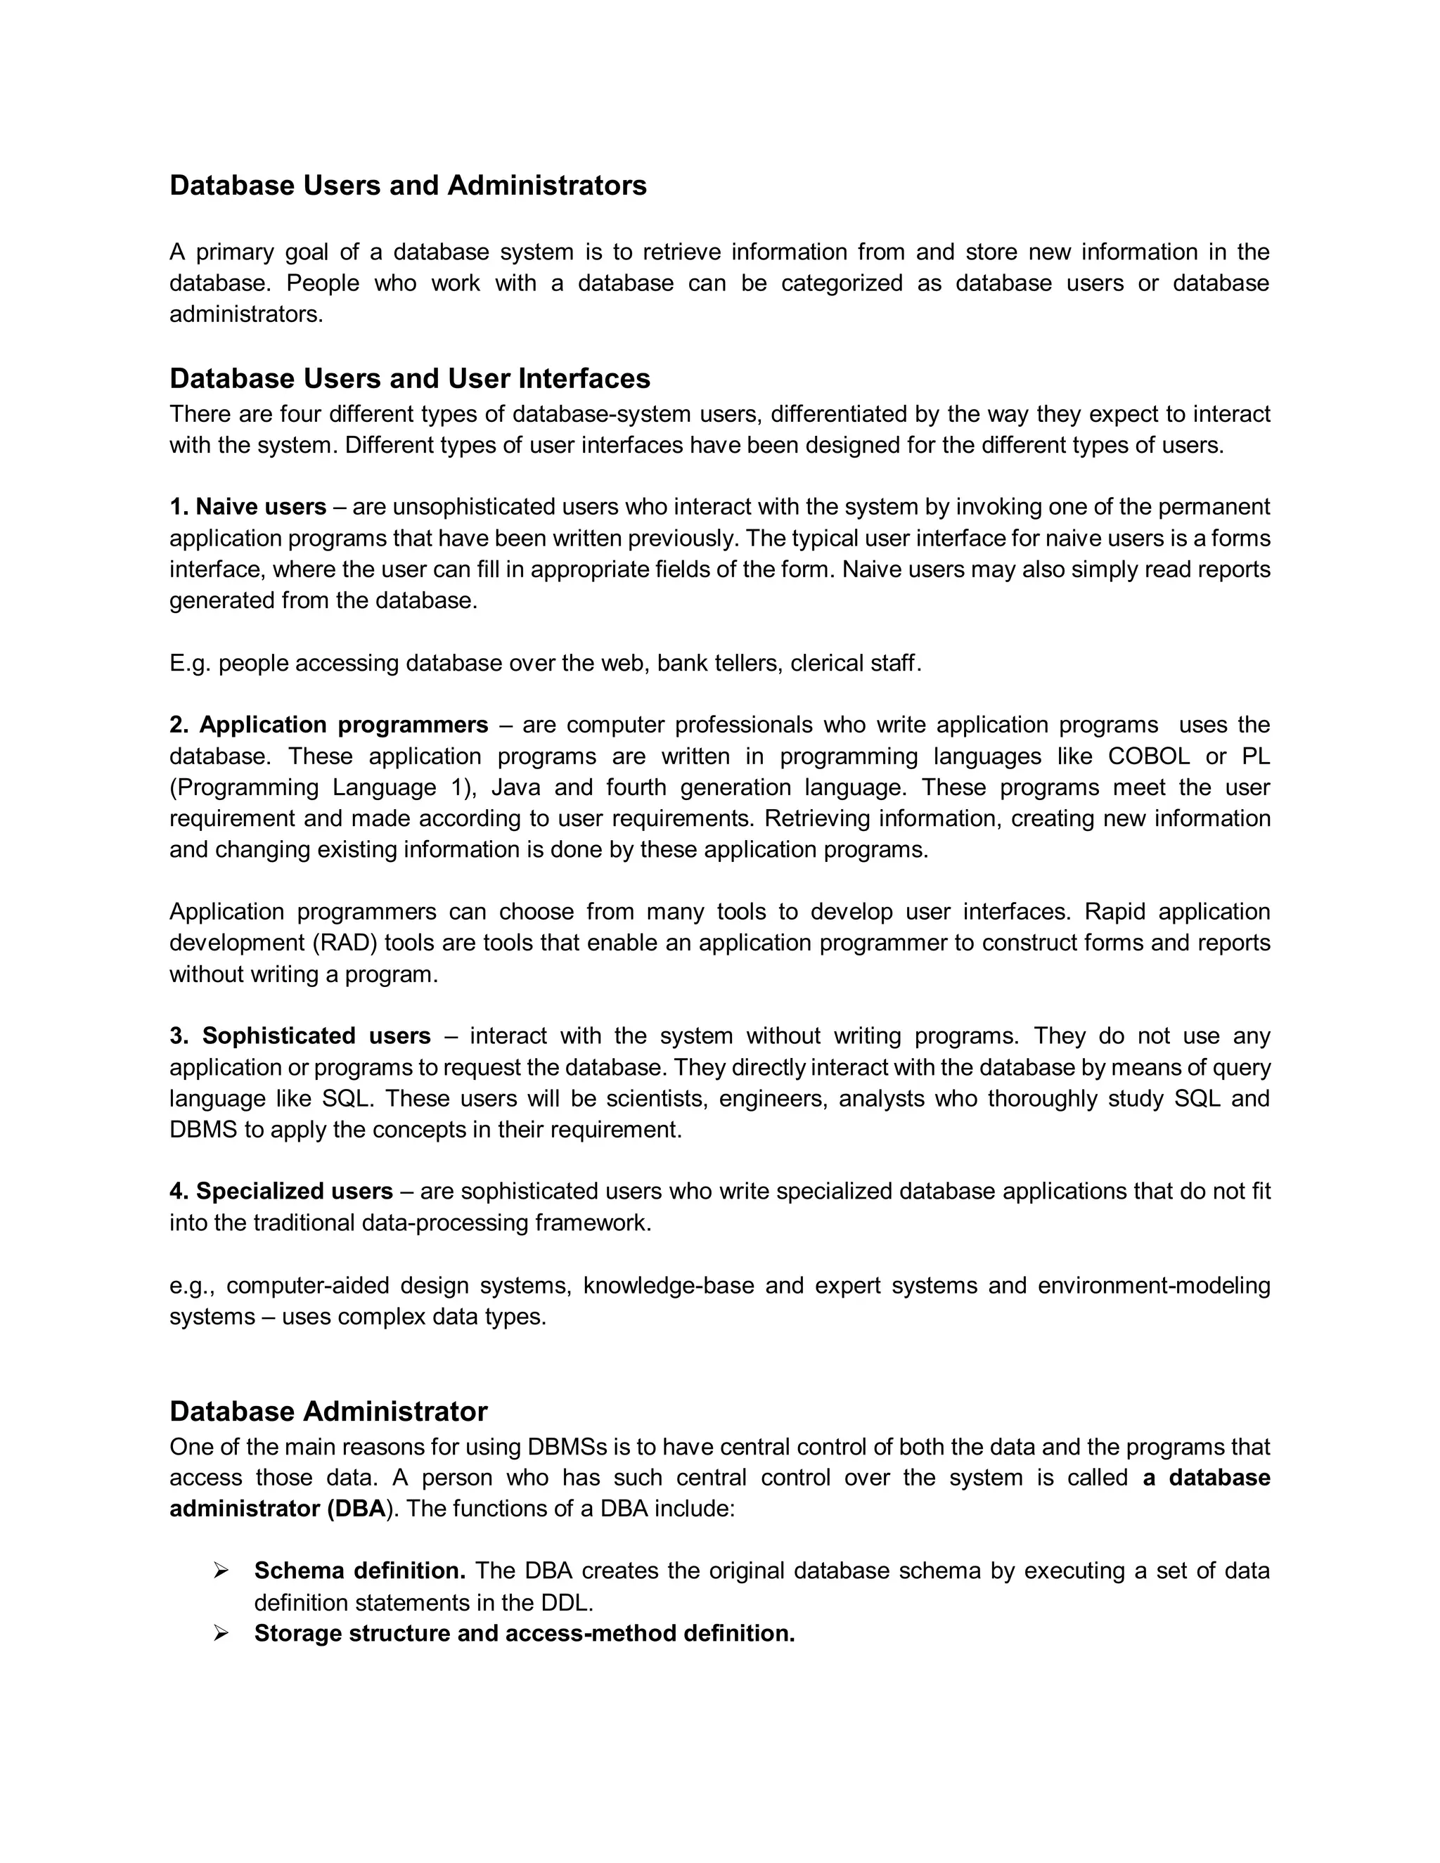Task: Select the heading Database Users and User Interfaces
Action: [409, 378]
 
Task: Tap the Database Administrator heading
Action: [328, 1411]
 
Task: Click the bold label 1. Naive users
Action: [247, 507]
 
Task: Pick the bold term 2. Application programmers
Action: [328, 724]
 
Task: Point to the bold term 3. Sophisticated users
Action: [300, 1036]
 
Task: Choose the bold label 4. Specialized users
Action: [281, 1191]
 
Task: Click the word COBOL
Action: [1147, 756]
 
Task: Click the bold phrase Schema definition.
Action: [359, 1571]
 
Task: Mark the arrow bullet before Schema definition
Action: [221, 1571]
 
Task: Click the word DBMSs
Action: [567, 1447]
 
